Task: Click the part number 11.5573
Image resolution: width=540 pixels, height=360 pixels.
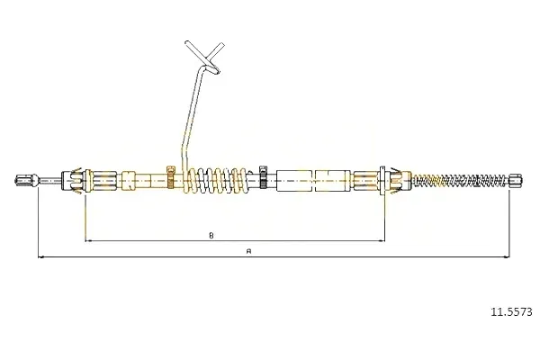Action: click(511, 312)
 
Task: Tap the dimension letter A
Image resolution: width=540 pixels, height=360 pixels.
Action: click(249, 251)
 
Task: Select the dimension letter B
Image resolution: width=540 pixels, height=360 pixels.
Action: click(211, 236)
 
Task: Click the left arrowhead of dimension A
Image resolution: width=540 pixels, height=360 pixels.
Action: click(40, 256)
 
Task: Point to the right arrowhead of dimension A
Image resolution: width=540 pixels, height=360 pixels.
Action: click(506, 256)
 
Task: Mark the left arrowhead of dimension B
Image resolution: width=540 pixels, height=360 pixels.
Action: click(88, 240)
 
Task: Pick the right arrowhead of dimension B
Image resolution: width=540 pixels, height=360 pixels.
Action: click(382, 240)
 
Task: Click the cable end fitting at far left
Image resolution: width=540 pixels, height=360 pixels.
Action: click(26, 180)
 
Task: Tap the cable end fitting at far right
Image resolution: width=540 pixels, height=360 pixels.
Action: click(516, 180)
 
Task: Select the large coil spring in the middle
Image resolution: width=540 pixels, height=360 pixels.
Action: click(217, 180)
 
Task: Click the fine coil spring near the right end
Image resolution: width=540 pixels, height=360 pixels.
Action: click(461, 180)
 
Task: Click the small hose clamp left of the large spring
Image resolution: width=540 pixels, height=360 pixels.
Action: click(171, 176)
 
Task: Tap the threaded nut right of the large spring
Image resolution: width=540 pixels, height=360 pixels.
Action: click(264, 176)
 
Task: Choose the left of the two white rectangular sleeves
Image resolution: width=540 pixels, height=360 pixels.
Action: click(294, 180)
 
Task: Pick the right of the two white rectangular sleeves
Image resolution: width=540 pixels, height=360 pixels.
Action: click(333, 180)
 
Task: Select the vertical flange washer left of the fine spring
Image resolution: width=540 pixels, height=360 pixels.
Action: click(382, 180)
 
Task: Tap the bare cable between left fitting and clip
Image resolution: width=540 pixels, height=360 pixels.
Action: click(49, 180)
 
